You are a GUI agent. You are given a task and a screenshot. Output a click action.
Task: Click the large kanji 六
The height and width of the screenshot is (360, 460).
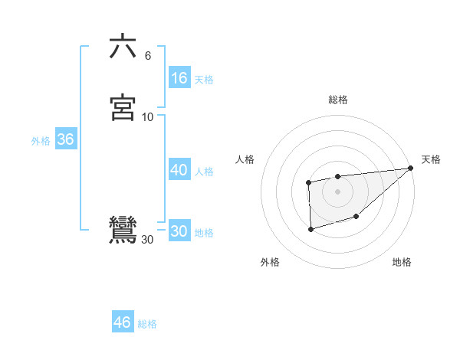click(x=123, y=47)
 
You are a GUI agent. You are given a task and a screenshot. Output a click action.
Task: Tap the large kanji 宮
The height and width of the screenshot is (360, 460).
click(x=123, y=108)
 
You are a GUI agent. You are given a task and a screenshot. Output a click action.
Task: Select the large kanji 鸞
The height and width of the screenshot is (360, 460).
click(x=123, y=231)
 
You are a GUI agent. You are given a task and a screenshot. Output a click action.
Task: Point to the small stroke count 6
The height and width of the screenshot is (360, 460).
click(x=147, y=55)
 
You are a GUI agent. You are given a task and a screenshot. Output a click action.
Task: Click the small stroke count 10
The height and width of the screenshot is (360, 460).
click(x=148, y=116)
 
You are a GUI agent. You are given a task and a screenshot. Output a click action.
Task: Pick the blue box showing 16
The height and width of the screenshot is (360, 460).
click(x=179, y=78)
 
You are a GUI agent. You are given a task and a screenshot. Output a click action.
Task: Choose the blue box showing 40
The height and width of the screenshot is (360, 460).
click(x=179, y=170)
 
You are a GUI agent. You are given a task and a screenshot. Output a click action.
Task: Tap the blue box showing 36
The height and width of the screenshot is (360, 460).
click(x=65, y=140)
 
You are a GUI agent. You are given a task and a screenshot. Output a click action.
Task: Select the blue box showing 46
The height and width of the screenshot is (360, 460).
click(x=123, y=322)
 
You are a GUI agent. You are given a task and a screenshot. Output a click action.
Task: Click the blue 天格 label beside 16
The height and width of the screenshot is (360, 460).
click(x=204, y=80)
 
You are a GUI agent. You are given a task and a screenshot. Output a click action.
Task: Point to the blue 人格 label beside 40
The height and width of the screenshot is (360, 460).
click(x=204, y=172)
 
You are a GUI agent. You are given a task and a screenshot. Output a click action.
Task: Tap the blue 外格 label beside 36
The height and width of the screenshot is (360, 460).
click(x=41, y=141)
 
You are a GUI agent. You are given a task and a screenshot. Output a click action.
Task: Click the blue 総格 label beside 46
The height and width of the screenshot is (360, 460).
click(x=147, y=324)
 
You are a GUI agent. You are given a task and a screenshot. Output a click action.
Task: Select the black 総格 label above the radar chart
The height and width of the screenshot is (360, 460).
click(x=338, y=100)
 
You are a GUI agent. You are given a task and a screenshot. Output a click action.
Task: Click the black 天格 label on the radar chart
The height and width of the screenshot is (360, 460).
click(x=431, y=159)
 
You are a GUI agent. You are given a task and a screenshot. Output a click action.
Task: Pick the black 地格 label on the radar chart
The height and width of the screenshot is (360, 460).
click(x=402, y=263)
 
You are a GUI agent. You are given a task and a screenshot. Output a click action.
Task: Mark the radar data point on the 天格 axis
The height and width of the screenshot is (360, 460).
click(x=410, y=168)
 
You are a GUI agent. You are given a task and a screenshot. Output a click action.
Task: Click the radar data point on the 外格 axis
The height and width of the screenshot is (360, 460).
click(x=310, y=229)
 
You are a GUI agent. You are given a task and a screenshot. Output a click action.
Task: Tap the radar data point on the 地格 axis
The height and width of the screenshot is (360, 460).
click(x=356, y=217)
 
